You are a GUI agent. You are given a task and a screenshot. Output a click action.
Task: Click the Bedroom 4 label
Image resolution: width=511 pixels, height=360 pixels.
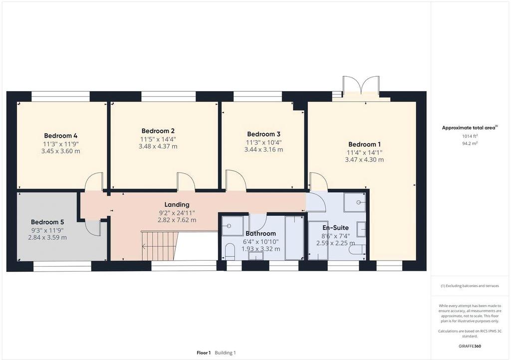pos(60,136)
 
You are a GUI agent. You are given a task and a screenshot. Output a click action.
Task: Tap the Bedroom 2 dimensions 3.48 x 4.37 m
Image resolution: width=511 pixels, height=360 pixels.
pos(158,147)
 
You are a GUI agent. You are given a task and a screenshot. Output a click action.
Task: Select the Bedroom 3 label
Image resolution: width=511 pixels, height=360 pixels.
pos(263,134)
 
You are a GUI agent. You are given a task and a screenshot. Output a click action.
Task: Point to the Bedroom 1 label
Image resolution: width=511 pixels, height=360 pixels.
pos(364,144)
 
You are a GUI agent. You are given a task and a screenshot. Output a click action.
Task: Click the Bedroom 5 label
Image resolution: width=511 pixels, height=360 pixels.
pos(47,222)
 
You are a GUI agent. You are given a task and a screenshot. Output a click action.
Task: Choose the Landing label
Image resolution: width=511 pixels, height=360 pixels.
pos(177,204)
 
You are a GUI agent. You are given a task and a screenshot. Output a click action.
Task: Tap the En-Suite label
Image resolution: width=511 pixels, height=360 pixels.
pos(336,228)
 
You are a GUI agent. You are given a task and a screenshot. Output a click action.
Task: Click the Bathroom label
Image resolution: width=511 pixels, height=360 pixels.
pos(260,233)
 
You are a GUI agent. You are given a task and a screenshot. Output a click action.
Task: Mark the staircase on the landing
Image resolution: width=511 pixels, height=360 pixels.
pos(160,246)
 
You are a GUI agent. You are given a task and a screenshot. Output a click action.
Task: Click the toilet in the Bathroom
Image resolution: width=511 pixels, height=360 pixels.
pos(230,251)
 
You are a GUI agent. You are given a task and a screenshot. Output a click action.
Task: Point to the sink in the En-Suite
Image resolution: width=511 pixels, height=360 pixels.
pos(361,229)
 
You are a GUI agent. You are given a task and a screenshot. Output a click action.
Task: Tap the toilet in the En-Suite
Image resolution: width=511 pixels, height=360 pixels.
pos(357,250)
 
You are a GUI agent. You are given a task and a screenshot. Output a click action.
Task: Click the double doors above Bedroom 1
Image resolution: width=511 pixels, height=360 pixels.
pos(361,87)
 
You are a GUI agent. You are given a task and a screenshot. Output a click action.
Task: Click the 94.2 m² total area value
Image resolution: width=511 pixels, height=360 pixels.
pos(470,143)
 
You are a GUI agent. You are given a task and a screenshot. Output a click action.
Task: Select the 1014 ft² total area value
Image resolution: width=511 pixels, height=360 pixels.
pos(470,136)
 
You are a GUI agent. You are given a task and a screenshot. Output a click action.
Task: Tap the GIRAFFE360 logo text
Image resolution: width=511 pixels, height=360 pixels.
pos(470,346)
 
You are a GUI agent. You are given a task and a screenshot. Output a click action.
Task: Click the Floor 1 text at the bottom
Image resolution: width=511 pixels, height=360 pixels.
pos(204,353)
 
